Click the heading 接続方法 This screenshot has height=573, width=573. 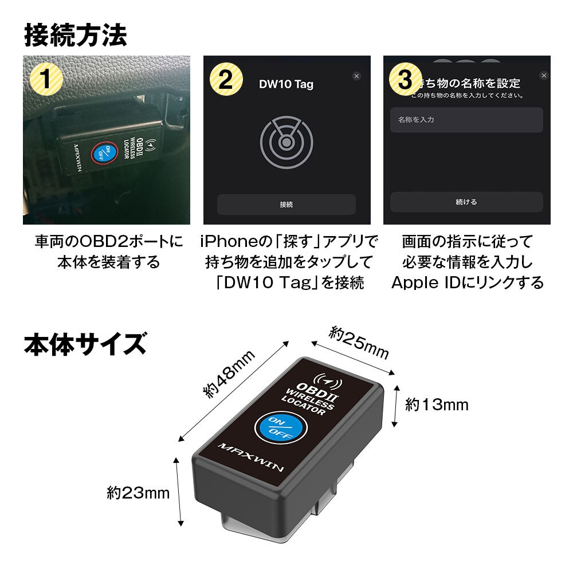point(75,36)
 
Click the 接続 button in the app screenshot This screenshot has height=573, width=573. point(286,205)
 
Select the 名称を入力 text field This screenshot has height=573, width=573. point(466,120)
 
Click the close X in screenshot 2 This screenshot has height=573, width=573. point(356,76)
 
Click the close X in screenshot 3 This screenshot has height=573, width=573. point(544,76)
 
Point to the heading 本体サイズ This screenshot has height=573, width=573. point(85,345)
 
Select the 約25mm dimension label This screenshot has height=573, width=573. point(359,343)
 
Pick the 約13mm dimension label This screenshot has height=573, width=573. point(437,405)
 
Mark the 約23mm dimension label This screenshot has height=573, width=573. point(138,492)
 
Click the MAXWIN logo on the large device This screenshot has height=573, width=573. point(251,457)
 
